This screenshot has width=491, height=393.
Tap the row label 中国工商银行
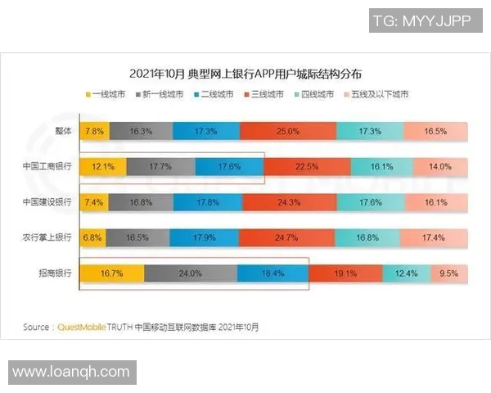point(47,166)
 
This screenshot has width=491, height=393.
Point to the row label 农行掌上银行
point(47,238)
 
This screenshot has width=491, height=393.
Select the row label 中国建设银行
point(47,202)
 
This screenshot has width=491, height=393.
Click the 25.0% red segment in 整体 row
point(286,131)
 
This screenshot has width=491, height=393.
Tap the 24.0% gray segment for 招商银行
point(191,273)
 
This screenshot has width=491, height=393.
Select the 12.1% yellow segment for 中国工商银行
point(103,166)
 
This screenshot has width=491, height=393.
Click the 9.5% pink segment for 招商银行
point(449,273)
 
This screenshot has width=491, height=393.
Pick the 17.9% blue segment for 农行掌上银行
point(200,238)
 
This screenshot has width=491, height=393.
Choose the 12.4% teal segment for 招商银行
point(407,273)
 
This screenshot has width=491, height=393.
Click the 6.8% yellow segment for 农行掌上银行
point(92,238)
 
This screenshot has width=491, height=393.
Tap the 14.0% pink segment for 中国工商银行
point(440,166)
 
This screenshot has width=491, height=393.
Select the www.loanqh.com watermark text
point(71,372)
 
